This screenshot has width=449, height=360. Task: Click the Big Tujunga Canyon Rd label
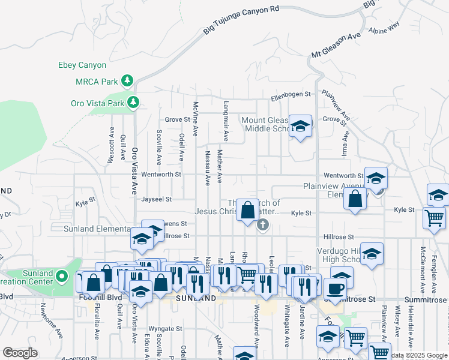[x=241, y=19]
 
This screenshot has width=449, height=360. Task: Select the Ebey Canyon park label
[x=82, y=65]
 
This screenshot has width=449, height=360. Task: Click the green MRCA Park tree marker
[x=127, y=80]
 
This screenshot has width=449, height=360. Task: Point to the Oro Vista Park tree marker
[x=133, y=103]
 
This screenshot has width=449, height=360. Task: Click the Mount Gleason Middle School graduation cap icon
[x=300, y=125]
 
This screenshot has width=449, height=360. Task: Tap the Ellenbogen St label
[x=291, y=95]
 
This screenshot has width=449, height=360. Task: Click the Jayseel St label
[x=157, y=199]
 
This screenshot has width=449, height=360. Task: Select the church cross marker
[x=262, y=226]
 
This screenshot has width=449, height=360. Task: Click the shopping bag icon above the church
[x=247, y=210]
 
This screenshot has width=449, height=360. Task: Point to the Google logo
[x=20, y=353]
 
